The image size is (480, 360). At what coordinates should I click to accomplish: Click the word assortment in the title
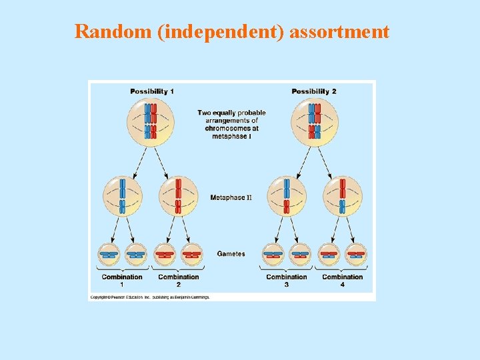[x=339, y=31]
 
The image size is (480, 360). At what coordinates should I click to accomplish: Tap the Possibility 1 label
[x=152, y=91]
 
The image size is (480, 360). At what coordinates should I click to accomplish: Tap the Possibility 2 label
[x=314, y=91]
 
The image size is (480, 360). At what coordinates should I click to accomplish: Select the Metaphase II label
[x=231, y=197]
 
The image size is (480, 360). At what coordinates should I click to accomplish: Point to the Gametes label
[x=231, y=254]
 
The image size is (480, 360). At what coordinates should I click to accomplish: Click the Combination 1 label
[x=122, y=280]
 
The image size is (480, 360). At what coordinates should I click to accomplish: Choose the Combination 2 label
[x=178, y=280]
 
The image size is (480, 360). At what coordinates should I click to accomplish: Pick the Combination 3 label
[x=287, y=280]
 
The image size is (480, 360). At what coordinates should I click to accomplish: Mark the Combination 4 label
[x=343, y=280]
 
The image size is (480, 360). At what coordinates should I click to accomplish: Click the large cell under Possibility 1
[x=151, y=122]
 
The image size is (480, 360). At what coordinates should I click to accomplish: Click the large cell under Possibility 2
[x=314, y=122]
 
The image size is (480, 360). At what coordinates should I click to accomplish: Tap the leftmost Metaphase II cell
[x=123, y=197]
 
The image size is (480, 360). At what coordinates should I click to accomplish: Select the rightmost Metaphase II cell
[x=342, y=197]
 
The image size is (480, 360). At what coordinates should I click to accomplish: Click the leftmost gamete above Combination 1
[x=108, y=254]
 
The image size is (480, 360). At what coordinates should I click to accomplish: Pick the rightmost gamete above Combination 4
[x=357, y=254]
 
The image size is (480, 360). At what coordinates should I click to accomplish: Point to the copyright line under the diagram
[x=150, y=297]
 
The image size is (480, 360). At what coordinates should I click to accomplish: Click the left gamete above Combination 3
[x=273, y=254]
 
